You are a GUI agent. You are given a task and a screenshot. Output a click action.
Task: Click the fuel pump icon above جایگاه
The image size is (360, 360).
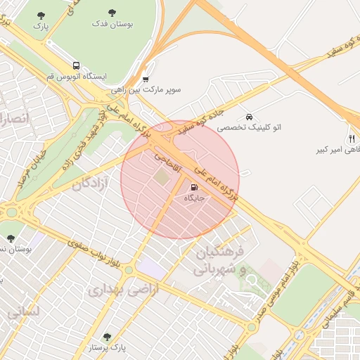point(193,188)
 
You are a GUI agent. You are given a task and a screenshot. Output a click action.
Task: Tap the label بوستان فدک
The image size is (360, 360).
point(112,23)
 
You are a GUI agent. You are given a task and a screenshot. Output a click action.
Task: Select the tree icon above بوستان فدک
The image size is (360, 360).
point(112,13)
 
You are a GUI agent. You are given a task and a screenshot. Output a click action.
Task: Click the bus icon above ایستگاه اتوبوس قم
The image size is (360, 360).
point(76,64)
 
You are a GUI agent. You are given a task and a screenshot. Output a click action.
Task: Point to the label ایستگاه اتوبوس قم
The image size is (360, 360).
point(75,75)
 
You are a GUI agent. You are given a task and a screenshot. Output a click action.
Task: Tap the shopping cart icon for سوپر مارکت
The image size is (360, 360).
point(146,79)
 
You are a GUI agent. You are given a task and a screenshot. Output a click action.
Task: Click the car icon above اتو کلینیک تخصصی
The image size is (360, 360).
point(249,117)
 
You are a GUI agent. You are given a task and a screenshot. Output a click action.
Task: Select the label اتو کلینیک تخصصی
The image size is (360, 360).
point(249,128)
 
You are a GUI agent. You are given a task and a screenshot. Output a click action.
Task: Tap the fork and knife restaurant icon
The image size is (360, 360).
point(351,138)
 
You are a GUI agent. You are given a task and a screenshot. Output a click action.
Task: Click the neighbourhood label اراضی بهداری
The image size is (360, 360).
point(122,288)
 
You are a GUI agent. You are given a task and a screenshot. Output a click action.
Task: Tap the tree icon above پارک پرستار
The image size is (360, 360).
point(107,337)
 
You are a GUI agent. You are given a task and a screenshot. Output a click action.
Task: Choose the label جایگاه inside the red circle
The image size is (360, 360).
point(193,199)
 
